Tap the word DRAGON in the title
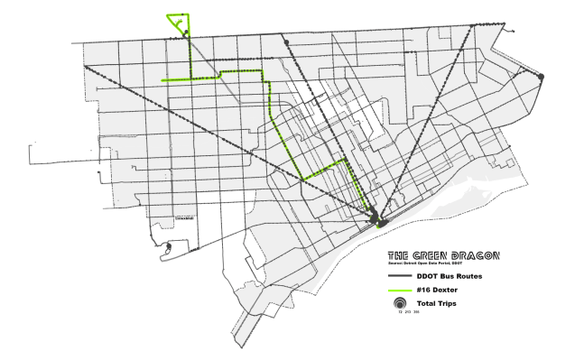click(476, 255)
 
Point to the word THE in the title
click(400, 255)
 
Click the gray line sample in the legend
click(400, 274)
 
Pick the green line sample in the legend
click(400, 290)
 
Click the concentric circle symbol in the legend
click(400, 304)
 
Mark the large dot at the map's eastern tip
click(541, 78)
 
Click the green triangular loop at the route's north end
click(177, 22)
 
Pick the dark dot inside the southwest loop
click(169, 245)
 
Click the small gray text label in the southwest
click(184, 217)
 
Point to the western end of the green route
click(162, 79)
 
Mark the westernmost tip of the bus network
click(29, 166)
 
